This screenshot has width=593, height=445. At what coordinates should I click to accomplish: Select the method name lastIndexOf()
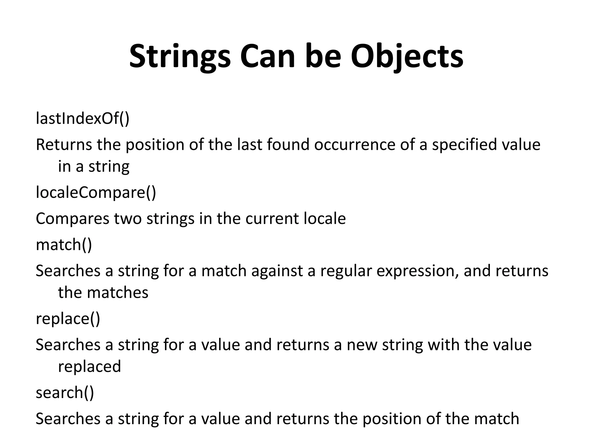point(83,118)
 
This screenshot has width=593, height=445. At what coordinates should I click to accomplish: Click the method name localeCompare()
point(96,192)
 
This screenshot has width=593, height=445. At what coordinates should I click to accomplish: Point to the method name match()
point(64,245)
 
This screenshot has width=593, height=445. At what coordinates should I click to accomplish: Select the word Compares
point(72,219)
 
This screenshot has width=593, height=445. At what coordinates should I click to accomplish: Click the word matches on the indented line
point(118,292)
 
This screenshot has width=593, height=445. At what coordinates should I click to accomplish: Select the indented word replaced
point(89,366)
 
